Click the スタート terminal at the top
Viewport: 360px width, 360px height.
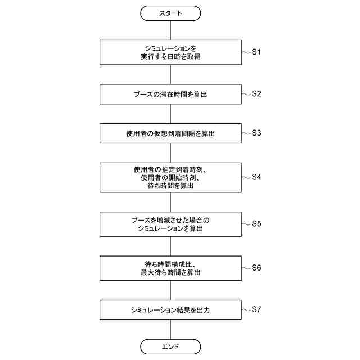coord(170,13)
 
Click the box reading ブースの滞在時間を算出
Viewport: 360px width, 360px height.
coord(170,94)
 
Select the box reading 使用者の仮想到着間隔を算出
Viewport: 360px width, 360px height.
coord(170,134)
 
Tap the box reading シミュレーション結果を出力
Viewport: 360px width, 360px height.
coord(170,309)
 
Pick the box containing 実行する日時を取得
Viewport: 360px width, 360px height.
coord(170,52)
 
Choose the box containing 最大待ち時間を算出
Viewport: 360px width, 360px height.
coord(170,268)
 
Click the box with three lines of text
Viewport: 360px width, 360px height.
coord(170,177)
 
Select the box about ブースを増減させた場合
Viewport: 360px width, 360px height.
coord(170,223)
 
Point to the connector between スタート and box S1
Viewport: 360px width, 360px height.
coord(170,30)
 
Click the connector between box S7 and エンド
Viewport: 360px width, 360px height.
coord(170,329)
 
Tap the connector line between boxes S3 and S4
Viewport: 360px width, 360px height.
coord(170,153)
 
